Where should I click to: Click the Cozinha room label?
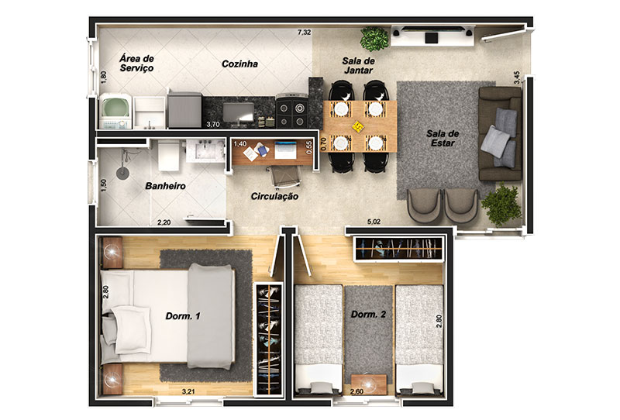239,64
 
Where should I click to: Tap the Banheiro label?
165,186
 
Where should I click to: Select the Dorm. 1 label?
183,316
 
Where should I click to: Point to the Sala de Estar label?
443,138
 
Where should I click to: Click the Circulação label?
275,196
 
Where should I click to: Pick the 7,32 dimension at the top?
304,33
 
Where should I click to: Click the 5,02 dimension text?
374,222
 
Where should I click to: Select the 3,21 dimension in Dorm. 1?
188,391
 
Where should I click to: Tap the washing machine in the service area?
115,111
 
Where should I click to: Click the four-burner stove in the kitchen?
292,111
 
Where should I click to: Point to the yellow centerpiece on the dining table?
357,126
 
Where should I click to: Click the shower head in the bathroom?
122,174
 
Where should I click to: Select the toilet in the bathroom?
168,157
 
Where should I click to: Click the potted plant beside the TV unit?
374,39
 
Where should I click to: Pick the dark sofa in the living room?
500,134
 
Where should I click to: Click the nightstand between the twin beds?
369,384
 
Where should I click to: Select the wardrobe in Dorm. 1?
268,339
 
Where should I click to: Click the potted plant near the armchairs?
501,205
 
